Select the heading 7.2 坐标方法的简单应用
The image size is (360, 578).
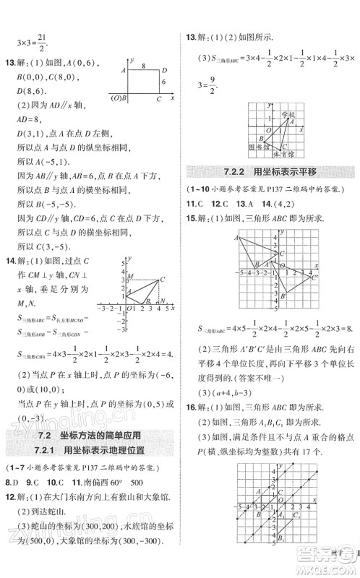click(x=90, y=434)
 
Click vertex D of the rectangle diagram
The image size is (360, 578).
click(x=166, y=70)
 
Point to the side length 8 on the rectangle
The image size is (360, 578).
click(x=145, y=66)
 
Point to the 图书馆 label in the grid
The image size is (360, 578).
click(x=254, y=146)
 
